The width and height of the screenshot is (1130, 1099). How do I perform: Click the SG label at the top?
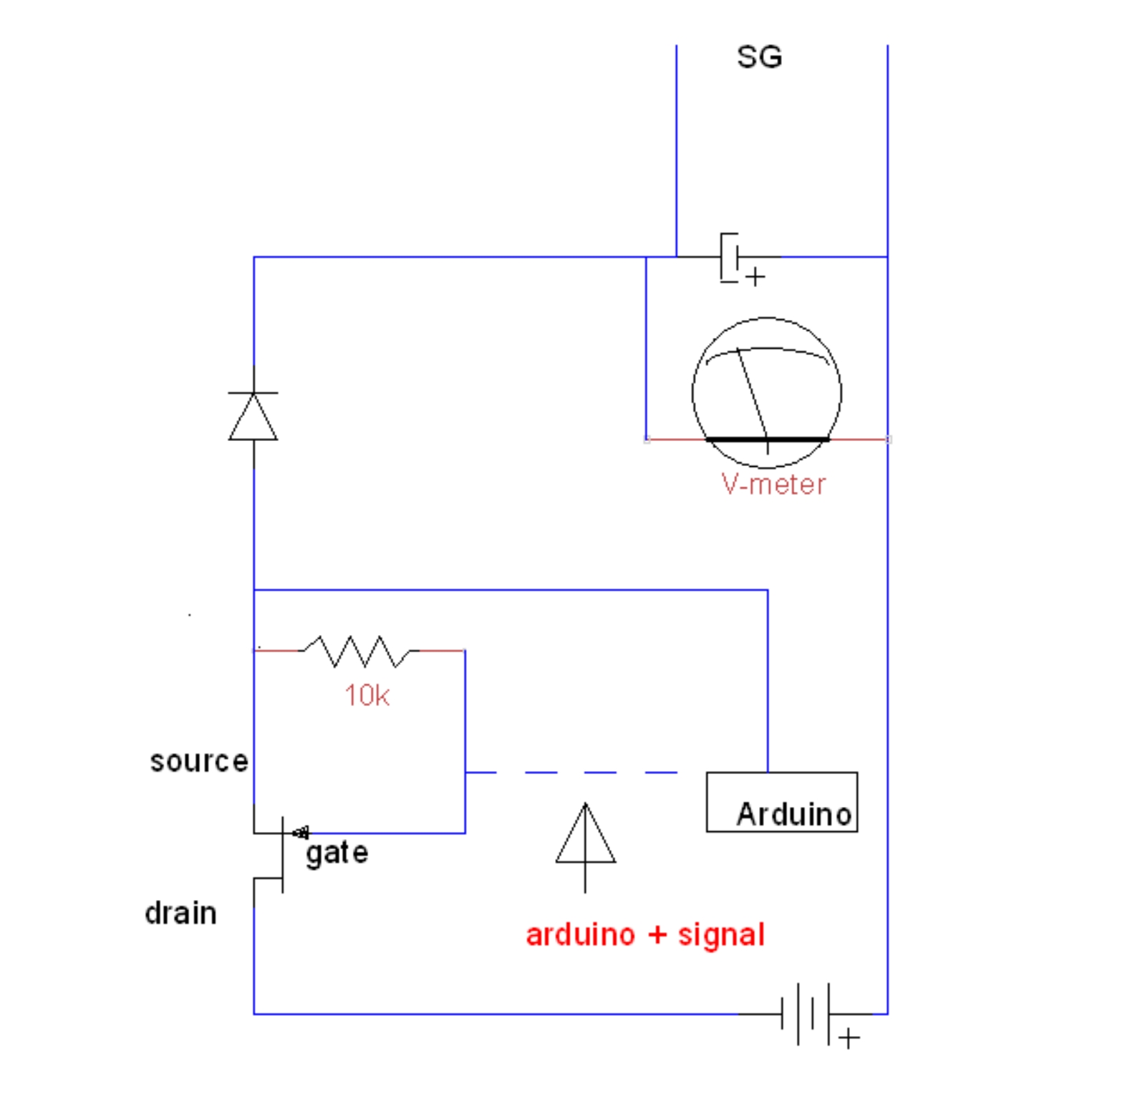[759, 57]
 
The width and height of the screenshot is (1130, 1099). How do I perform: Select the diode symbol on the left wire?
[253, 416]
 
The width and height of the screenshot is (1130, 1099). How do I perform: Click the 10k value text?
[367, 695]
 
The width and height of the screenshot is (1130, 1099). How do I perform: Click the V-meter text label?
[773, 485]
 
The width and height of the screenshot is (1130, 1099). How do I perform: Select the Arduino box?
[782, 802]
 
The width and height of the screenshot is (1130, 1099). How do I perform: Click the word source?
[198, 761]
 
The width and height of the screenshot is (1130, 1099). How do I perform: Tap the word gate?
[337, 853]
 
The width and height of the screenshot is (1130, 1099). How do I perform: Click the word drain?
[180, 913]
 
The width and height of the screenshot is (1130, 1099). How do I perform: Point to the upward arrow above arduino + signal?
[585, 848]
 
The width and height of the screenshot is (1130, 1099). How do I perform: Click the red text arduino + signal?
[645, 935]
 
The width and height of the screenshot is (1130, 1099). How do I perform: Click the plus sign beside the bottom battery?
[849, 1037]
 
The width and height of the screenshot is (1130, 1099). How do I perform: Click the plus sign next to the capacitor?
[755, 276]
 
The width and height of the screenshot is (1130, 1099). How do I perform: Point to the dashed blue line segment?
[571, 773]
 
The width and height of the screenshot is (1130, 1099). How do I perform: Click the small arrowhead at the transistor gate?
[301, 833]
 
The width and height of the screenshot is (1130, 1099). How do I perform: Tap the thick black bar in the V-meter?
[767, 440]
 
